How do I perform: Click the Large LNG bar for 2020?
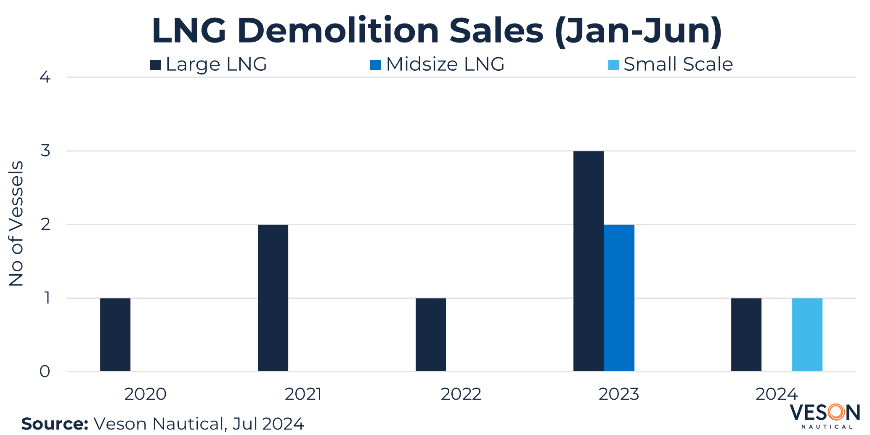pyautogui.click(x=115, y=334)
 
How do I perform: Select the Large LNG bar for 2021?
pyautogui.click(x=273, y=298)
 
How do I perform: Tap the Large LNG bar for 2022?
pyautogui.click(x=431, y=334)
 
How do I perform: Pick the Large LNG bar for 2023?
pyautogui.click(x=588, y=261)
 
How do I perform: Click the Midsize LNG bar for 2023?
pyautogui.click(x=619, y=298)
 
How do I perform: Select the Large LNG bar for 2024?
pyautogui.click(x=746, y=334)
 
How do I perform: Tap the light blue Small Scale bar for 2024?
pyautogui.click(x=807, y=334)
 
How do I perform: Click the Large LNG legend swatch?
pyautogui.click(x=155, y=65)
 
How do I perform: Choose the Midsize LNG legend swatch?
pyautogui.click(x=375, y=65)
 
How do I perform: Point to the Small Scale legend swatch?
pyautogui.click(x=613, y=65)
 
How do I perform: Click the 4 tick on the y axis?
pyautogui.click(x=45, y=77)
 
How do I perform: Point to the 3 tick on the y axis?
pyautogui.click(x=45, y=151)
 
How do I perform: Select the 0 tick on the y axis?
pyautogui.click(x=45, y=371)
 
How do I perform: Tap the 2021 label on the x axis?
pyautogui.click(x=303, y=394)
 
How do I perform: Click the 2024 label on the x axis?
pyautogui.click(x=776, y=394)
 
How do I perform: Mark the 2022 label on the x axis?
pyautogui.click(x=461, y=394)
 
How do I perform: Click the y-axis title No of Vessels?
pyautogui.click(x=16, y=224)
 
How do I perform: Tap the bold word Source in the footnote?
pyautogui.click(x=55, y=424)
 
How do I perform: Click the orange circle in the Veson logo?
pyautogui.click(x=836, y=412)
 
